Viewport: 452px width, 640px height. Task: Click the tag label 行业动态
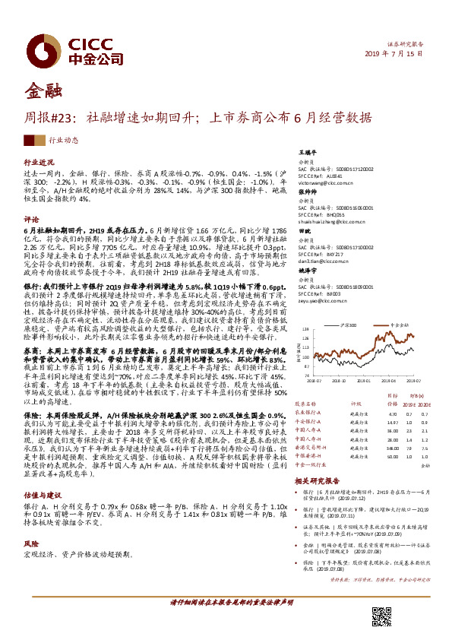coord(64,141)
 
